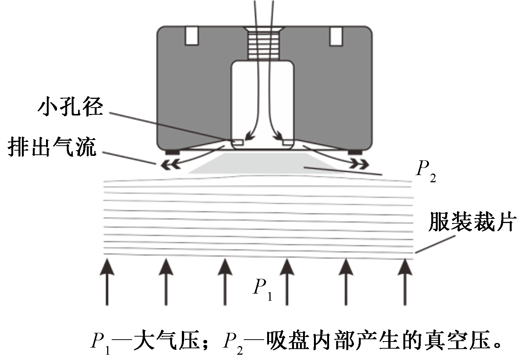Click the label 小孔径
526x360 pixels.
(70, 107)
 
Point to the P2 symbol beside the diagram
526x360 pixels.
(426, 171)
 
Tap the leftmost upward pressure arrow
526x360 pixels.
(108, 281)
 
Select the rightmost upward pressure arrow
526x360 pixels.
(405, 281)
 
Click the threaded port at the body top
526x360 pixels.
(264, 43)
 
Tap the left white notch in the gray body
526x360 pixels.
(192, 36)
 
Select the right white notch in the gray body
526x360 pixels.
(336, 36)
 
